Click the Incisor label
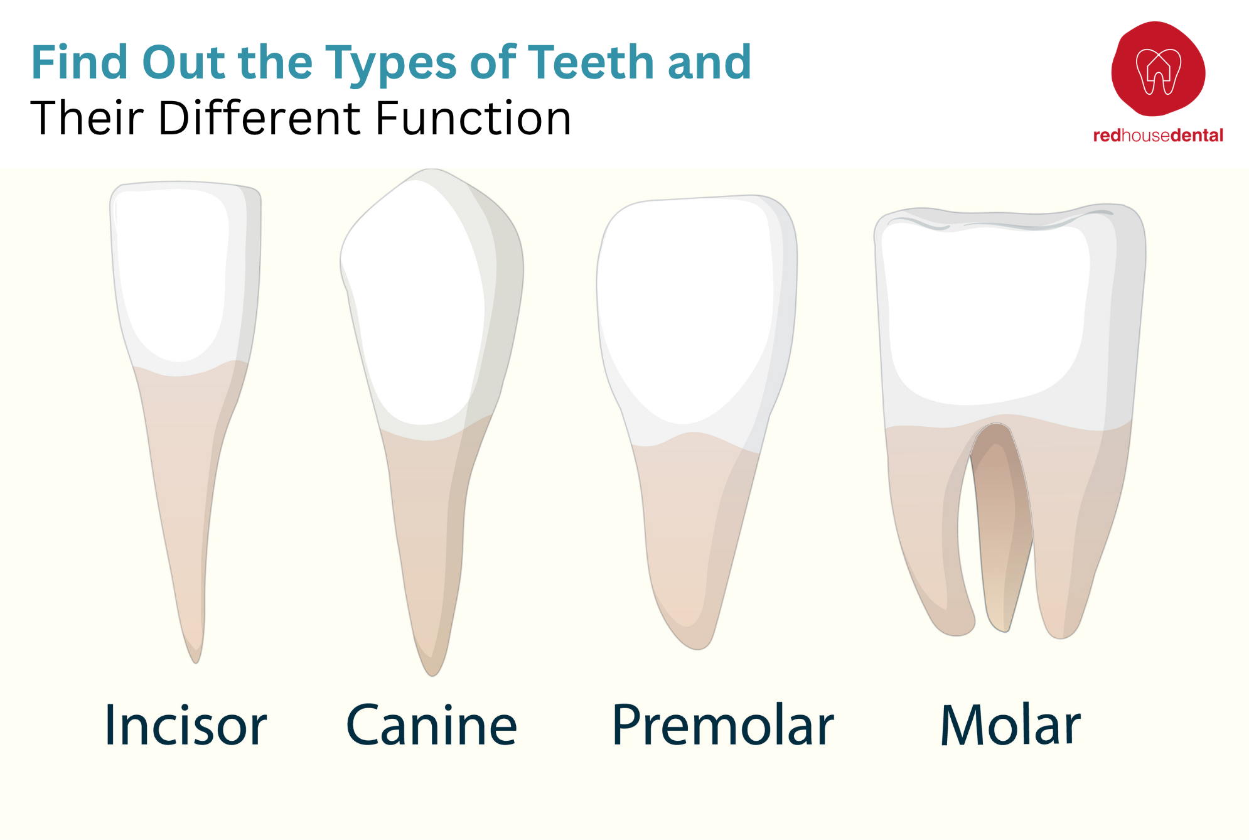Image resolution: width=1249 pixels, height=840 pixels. pyautogui.click(x=185, y=726)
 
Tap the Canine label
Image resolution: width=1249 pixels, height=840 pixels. pyautogui.click(x=432, y=726)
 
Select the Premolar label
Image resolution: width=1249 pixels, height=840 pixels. pyautogui.click(x=722, y=726)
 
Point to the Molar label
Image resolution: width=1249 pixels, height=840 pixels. pyautogui.click(x=1010, y=726)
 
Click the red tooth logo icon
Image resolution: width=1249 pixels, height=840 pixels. pyautogui.click(x=1158, y=69)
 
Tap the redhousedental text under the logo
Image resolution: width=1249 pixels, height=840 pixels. pyautogui.click(x=1158, y=136)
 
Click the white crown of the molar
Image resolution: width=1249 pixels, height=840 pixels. pyautogui.click(x=985, y=314)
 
